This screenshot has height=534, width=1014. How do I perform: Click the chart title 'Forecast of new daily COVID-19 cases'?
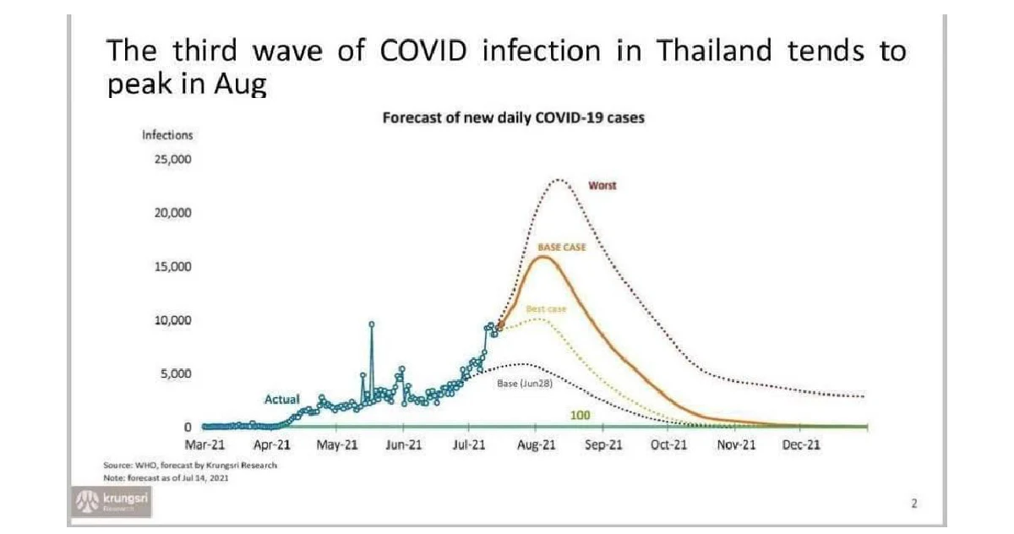513,118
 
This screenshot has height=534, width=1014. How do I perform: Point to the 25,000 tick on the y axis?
172,159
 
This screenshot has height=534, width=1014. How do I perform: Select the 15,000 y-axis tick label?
172,266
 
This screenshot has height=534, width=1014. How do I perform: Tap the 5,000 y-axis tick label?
175,373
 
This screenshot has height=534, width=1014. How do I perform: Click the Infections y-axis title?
167,135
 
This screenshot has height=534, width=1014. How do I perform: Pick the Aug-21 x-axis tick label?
535,444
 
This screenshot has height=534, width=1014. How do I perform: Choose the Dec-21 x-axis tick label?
800,444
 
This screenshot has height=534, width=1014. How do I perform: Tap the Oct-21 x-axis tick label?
668,444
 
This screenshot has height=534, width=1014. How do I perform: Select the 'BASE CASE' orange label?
561,248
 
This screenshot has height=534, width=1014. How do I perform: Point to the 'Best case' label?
545,309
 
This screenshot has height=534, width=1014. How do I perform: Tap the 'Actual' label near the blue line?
282,398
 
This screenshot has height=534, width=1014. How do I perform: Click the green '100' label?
580,415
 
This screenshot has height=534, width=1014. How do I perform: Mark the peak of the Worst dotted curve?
558,180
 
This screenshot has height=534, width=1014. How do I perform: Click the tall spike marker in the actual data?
371,324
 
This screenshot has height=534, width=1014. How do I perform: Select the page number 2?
913,504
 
